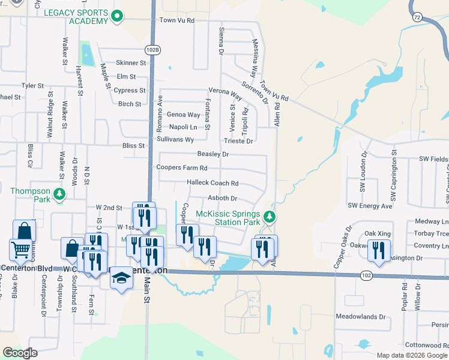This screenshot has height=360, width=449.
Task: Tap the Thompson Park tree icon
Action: tap(59, 193)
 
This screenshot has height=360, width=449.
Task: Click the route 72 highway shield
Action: tap(417, 18)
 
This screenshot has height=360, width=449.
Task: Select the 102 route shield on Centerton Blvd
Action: tap(366, 274)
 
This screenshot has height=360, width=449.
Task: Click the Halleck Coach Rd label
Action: tap(212, 183)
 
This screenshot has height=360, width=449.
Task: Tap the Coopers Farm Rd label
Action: tap(182, 168)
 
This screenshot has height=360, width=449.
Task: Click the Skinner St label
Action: tap(131, 62)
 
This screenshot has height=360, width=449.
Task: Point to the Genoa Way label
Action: tap(183, 115)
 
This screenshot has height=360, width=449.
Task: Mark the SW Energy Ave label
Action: tap(376, 206)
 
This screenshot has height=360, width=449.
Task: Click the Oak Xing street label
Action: tap(378, 233)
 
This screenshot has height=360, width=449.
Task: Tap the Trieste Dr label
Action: tap(238, 141)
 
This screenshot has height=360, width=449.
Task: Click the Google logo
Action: tap(20, 353)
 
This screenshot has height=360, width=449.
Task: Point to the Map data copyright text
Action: tap(412, 355)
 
